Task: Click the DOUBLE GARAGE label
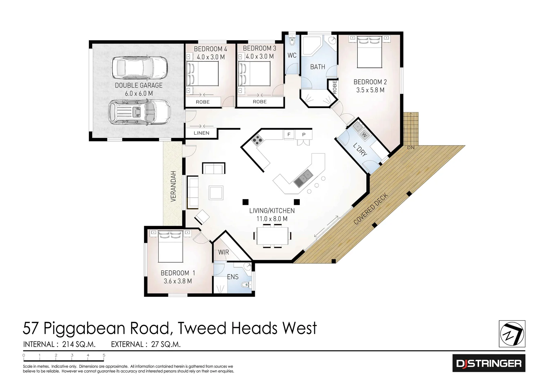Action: click(139, 85)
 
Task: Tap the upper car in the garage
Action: click(139, 68)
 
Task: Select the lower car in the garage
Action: click(139, 112)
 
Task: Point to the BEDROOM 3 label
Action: click(259, 48)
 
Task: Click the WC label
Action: click(292, 55)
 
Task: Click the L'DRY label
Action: click(360, 149)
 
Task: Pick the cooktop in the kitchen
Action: click(257, 140)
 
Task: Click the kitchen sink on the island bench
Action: click(303, 178)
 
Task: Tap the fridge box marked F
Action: click(289, 135)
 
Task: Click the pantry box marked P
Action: click(304, 135)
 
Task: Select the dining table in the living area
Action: click(272, 236)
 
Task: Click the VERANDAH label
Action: click(173, 186)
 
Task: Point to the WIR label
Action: click(223, 252)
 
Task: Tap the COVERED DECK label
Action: click(371, 209)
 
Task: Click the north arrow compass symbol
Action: click(512, 334)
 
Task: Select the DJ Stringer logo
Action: click(488, 363)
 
